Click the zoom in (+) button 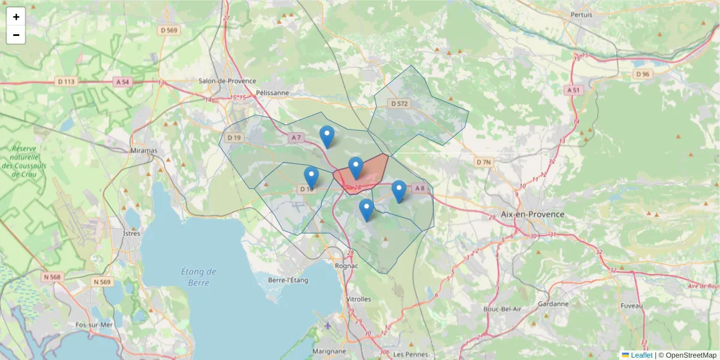pos(16,17)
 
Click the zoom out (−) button pos(16,35)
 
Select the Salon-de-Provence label pos(227,81)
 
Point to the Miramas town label pos(143,150)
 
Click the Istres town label pos(131,233)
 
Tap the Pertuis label pos(581,14)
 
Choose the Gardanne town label pos(553,304)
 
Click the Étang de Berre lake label pos(199,277)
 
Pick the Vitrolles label pos(359,299)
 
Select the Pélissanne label pos(272,93)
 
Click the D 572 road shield pos(399,104)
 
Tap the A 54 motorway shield pos(122,82)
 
